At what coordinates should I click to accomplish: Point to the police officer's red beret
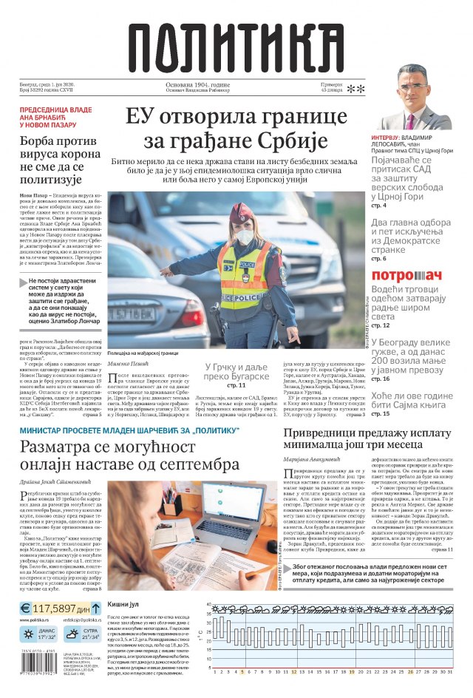tap(242, 214)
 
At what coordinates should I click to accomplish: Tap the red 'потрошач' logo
tap(406, 276)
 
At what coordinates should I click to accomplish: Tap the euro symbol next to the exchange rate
tap(26, 608)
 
